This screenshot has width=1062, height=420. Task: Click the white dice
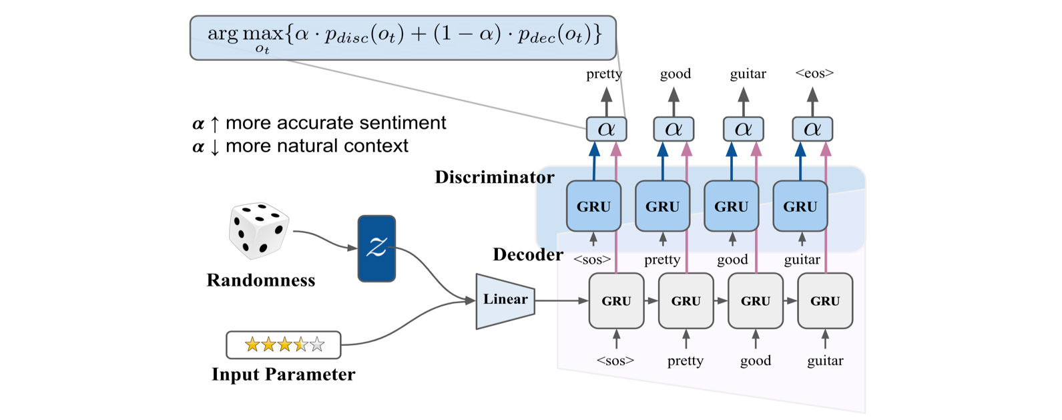pos(258,231)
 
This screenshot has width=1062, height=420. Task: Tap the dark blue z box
pos(376,248)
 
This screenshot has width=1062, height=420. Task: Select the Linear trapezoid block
pos(505,301)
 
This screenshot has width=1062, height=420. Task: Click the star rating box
pos(284,345)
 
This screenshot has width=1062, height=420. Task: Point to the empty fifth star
pos(317,345)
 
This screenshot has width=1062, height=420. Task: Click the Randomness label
pos(261,280)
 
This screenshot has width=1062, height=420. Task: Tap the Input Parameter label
pos(284,375)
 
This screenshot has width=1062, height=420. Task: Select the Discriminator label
pos(495,177)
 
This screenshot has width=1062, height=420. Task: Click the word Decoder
pos(528,254)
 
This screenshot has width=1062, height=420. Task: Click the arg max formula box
pos(403,38)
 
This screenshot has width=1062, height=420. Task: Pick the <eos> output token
pos(814,73)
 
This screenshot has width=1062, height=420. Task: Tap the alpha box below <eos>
pos(812,129)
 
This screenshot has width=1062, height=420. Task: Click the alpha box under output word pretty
pos(606,129)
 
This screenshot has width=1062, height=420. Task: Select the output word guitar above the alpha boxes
pos(748,74)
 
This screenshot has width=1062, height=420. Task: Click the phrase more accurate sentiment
pos(336,123)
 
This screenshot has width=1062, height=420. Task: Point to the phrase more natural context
pos(316,146)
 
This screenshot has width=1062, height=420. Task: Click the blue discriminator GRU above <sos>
pos(593,206)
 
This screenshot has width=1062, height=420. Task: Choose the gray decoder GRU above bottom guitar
pos(825,301)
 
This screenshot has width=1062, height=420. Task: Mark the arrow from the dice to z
pos(325,239)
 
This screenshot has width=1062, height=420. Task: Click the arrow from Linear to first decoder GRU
pos(562,300)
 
